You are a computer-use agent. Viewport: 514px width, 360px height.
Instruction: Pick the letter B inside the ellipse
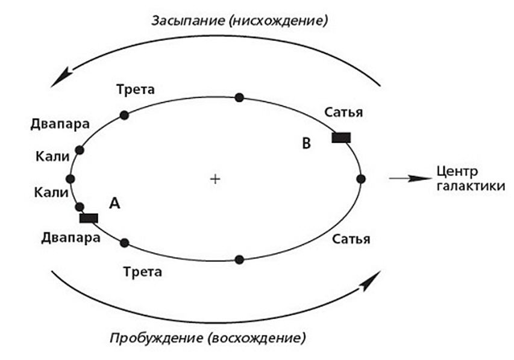[307, 144]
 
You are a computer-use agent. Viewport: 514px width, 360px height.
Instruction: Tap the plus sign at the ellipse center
[215, 179]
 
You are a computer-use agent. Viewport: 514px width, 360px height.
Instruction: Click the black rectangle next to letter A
[89, 218]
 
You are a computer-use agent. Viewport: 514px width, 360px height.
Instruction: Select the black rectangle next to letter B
[341, 138]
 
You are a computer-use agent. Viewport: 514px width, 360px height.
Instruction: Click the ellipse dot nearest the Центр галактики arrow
[361, 179]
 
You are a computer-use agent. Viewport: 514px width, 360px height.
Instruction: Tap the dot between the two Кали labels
[71, 179]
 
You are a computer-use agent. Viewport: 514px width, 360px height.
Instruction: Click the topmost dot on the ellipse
[239, 98]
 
